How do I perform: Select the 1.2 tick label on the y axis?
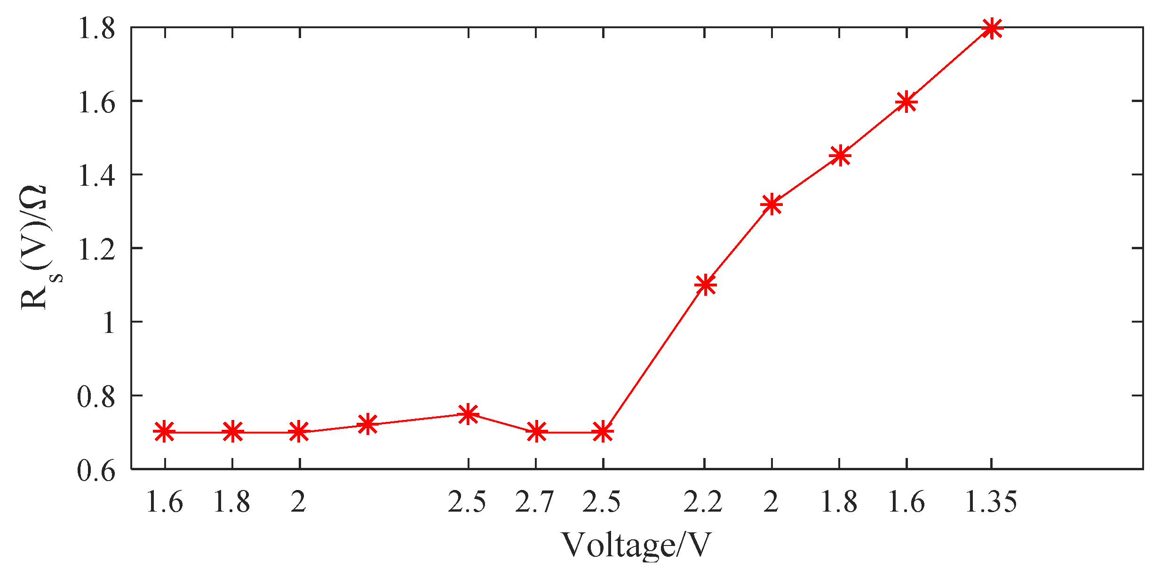[96, 250]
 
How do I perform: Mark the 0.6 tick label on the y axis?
[96, 470]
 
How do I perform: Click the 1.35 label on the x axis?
[991, 502]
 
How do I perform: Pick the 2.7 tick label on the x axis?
[535, 502]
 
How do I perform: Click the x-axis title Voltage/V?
[636, 545]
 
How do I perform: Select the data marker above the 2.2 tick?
[705, 285]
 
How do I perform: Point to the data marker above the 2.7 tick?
[536, 432]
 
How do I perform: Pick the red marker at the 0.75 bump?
[468, 414]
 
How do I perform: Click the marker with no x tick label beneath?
[367, 425]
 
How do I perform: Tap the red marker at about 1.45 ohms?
[840, 155]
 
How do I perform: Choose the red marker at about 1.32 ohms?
[771, 204]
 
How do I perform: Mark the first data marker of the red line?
[164, 432]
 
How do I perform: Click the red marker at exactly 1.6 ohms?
[907, 102]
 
